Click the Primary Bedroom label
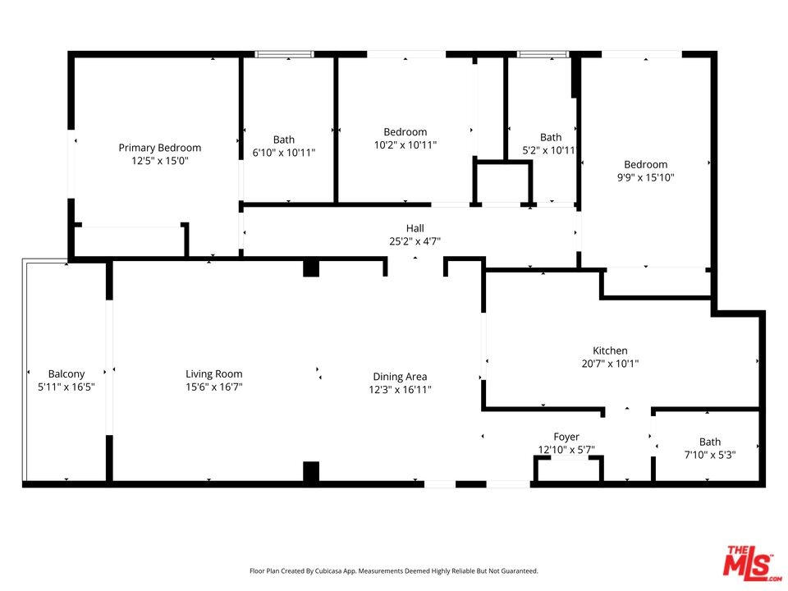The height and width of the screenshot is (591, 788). [x=160, y=148]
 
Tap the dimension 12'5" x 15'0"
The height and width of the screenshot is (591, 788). [x=160, y=161]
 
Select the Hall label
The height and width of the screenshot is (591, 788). [x=415, y=228]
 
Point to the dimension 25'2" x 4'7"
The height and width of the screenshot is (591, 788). [x=415, y=241]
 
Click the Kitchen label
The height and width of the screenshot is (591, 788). [x=610, y=350]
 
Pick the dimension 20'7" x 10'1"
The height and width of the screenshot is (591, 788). [x=610, y=364]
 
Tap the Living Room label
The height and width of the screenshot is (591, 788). [x=214, y=374]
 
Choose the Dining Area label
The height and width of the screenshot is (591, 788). [x=400, y=377]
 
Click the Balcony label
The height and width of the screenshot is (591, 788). [x=66, y=374]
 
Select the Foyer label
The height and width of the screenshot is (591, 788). [x=566, y=437]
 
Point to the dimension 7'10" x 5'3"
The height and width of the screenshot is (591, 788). [x=710, y=455]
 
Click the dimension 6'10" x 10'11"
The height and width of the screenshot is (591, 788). [x=284, y=153]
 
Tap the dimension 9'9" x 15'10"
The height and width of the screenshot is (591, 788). [x=646, y=177]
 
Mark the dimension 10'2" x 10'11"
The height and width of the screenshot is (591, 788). [x=405, y=145]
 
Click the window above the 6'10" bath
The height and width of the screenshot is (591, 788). [x=285, y=54]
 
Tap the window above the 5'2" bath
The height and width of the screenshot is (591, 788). [x=543, y=54]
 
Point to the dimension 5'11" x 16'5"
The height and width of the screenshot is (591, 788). [x=66, y=387]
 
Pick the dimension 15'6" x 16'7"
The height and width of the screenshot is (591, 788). [x=214, y=387]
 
